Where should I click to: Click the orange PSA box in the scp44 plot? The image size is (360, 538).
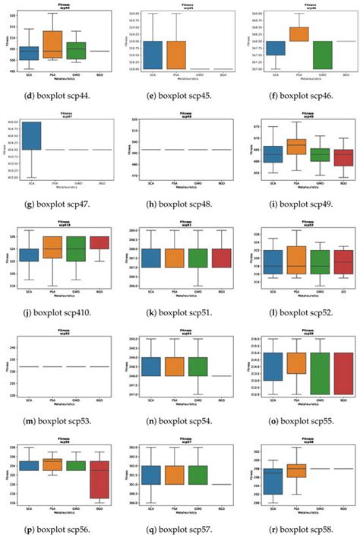coord(52,44)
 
